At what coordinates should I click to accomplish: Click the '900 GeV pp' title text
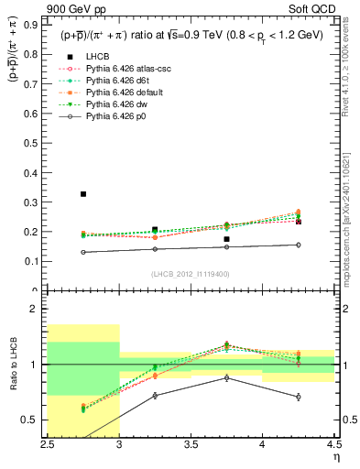(75, 10)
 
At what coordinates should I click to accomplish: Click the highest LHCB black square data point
(83, 194)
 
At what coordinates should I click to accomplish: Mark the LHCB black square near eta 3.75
(226, 239)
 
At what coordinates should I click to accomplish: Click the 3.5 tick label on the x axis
(191, 444)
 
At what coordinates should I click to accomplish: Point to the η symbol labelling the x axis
(335, 457)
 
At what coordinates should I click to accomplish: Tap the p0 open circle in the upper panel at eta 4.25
(298, 245)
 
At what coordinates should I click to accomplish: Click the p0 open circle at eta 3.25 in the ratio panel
(155, 396)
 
